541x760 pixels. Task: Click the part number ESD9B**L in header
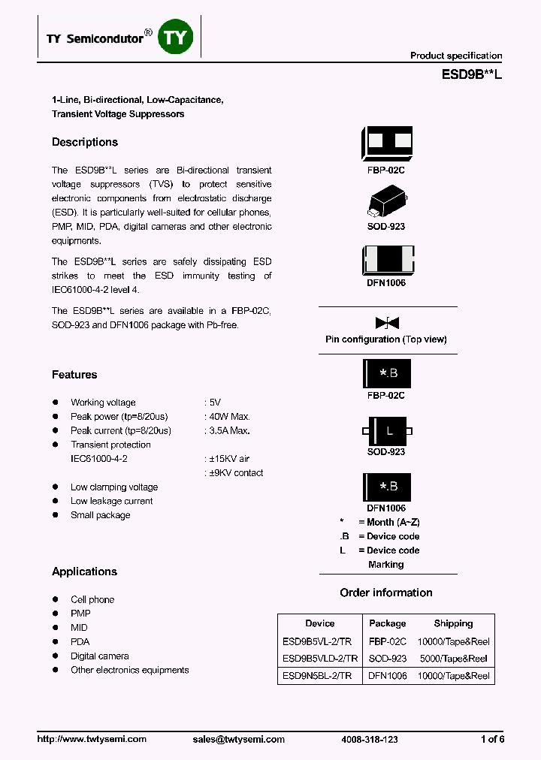tap(471, 75)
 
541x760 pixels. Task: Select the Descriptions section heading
tap(85, 142)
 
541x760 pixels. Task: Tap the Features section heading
tap(74, 375)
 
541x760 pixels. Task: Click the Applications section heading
tap(84, 572)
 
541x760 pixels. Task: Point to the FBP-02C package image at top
tap(387, 142)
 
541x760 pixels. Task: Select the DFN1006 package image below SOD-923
tap(387, 261)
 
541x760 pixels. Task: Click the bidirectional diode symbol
tap(387, 324)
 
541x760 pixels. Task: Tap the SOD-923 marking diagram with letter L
tap(387, 431)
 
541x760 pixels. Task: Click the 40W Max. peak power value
tap(229, 417)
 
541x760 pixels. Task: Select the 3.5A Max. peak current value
tap(228, 431)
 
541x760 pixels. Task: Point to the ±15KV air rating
tap(228, 459)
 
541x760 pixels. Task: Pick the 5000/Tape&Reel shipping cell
tap(454, 659)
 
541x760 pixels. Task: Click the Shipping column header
tap(453, 623)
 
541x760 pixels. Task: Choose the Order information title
tap(386, 593)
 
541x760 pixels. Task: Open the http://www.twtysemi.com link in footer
tap(92, 739)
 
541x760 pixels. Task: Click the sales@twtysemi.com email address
tap(239, 739)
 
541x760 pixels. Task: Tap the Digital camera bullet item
tap(99, 656)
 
